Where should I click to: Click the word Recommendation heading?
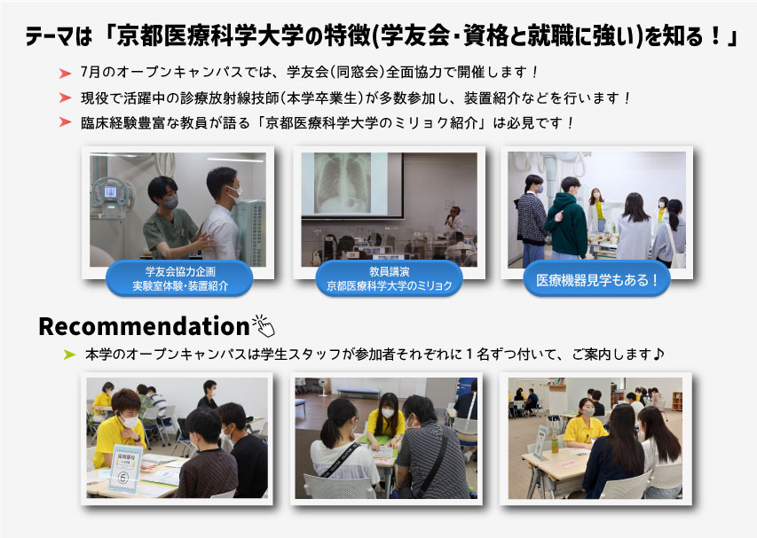144,326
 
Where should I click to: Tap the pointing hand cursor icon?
264,326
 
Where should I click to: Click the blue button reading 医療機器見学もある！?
596,279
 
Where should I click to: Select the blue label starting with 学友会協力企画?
179,278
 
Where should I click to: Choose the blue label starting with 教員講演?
389,278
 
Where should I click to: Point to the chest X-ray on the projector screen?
343,183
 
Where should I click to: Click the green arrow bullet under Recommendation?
70,355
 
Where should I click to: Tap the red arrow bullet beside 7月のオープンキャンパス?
65,74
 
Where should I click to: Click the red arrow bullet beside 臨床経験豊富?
65,122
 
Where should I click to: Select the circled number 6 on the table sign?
123,478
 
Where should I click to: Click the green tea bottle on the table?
555,442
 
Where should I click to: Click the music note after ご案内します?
658,355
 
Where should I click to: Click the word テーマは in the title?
59,36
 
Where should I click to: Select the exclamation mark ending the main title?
716,36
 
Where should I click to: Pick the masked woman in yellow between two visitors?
386,419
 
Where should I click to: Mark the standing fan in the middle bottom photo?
322,386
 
